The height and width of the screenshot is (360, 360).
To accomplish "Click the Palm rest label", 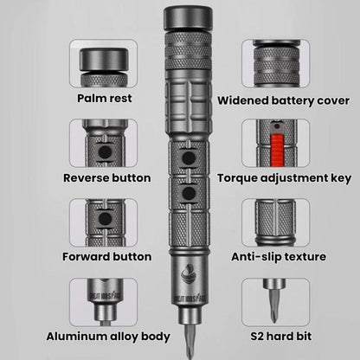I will [105, 98].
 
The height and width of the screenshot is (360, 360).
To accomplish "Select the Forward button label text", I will [105, 257].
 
